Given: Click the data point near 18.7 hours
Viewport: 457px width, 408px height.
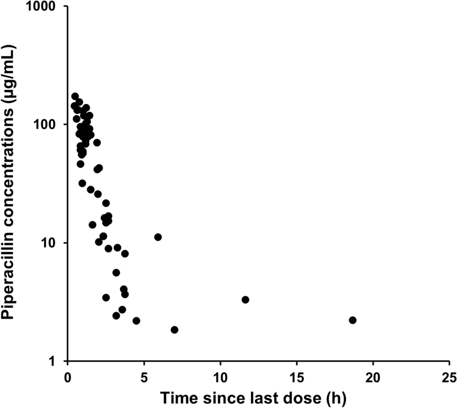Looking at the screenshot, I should point(352,320).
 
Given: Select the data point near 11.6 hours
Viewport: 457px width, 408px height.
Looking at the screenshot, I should point(245,300).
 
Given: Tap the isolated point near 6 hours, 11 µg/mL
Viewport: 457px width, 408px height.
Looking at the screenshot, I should point(158,237).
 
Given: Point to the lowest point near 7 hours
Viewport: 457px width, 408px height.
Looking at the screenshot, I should point(174,330).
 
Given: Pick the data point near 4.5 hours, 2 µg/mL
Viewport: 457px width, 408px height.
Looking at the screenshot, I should point(136,321).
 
